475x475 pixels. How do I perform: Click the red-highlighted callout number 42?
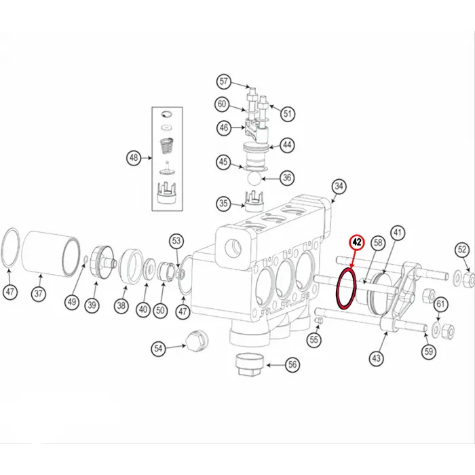coord(358,242)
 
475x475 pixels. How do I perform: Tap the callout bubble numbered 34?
coord(339,187)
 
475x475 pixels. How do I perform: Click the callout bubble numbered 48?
coord(134,158)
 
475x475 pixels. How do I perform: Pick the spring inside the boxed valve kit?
coord(167,146)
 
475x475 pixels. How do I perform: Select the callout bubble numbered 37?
coord(39,294)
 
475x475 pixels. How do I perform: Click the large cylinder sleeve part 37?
coord(52,254)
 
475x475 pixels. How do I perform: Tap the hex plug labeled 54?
coord(196,341)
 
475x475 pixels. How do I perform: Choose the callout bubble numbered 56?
coord(292,364)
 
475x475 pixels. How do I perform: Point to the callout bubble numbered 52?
coord(462,250)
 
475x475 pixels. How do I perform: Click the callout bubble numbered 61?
coord(440,303)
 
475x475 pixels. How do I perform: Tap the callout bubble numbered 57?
coord(223,81)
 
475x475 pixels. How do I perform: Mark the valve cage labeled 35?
coord(254,201)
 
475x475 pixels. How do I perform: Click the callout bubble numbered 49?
coord(72,302)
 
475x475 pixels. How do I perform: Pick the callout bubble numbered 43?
coord(376,358)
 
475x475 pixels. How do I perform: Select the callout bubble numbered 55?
coord(313,339)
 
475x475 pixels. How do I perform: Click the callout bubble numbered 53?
coord(176,241)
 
